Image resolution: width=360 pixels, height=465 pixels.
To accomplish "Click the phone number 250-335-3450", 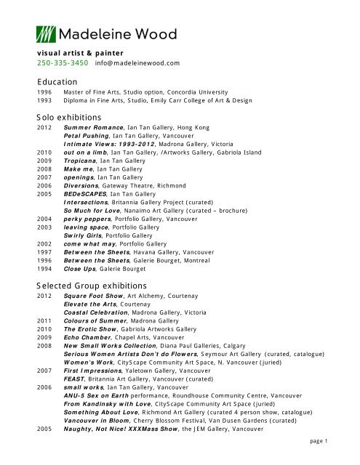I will (x=63, y=63).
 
